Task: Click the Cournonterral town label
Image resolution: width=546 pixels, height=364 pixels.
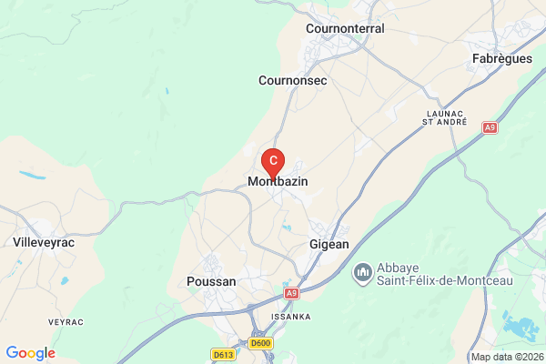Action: coord(346,28)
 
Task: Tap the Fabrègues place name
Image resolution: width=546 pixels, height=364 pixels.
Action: coord(502,58)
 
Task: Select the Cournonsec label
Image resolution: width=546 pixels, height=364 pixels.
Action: coord(292,80)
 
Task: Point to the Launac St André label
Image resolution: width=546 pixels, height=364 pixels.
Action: coord(445,116)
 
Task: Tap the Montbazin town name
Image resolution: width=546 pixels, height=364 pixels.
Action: coord(278,182)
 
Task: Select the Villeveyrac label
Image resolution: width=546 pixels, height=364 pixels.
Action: coord(44,243)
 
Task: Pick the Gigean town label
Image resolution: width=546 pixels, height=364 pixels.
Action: coord(329,247)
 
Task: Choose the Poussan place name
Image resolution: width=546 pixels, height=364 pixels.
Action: coord(210,282)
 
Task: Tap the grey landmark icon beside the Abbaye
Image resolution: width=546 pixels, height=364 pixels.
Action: coord(362,271)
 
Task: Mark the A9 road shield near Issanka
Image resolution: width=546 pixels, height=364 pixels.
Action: coord(290,293)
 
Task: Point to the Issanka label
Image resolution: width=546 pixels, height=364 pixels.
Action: coord(291,317)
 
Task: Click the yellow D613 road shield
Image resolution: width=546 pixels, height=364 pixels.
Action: coord(223,354)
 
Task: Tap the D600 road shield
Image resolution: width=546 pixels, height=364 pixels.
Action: coord(261,343)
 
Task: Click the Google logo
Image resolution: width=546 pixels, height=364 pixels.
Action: coord(30,353)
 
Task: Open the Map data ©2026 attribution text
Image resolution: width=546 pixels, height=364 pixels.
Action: coord(507,356)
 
